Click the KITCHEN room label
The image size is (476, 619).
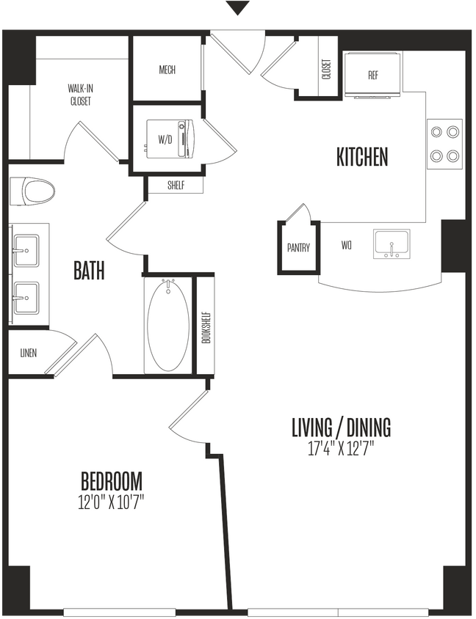coord(361,157)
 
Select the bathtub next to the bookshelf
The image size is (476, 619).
coord(168,324)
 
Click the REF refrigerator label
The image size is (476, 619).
coord(372,75)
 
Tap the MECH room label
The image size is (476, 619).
coord(167,70)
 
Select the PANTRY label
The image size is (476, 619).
coord(298,248)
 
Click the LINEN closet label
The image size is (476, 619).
coord(29,353)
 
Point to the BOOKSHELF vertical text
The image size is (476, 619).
coord(206,324)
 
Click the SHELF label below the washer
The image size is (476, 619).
coord(175,186)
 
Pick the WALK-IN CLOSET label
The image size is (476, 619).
coord(80,95)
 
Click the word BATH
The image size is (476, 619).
coord(89,271)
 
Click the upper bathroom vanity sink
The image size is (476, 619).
coord(27,249)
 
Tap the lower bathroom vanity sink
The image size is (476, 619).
coord(27,296)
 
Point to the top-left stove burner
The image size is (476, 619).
coord(437,132)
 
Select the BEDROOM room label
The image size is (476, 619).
coord(111,482)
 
